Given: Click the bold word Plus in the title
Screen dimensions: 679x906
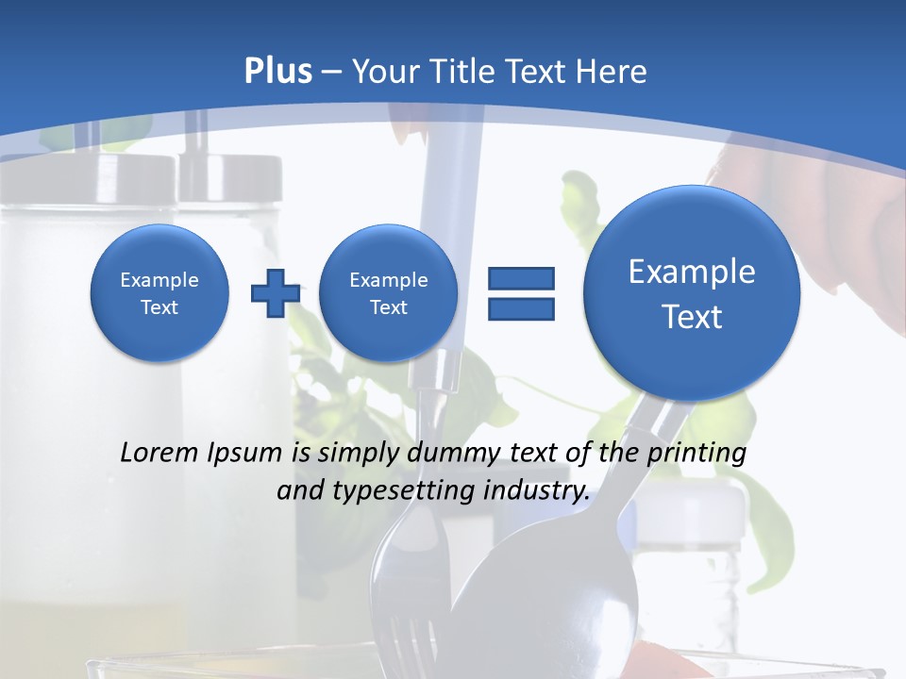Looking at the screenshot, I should point(277,72).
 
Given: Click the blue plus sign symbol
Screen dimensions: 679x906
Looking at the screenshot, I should point(275,293).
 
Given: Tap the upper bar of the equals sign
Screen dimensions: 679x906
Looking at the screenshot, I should point(521,278).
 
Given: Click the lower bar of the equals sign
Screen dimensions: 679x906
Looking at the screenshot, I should point(521,308).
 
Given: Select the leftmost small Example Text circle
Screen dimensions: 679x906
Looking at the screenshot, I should point(159,293).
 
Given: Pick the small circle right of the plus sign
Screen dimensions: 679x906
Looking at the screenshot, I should point(388,293).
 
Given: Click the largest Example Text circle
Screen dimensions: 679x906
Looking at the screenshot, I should point(692,293).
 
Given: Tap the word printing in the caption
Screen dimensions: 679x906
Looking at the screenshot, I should point(696,454).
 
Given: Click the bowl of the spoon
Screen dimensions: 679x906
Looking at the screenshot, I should point(528,594).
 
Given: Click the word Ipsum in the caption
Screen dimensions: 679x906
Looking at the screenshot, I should point(249,454).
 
